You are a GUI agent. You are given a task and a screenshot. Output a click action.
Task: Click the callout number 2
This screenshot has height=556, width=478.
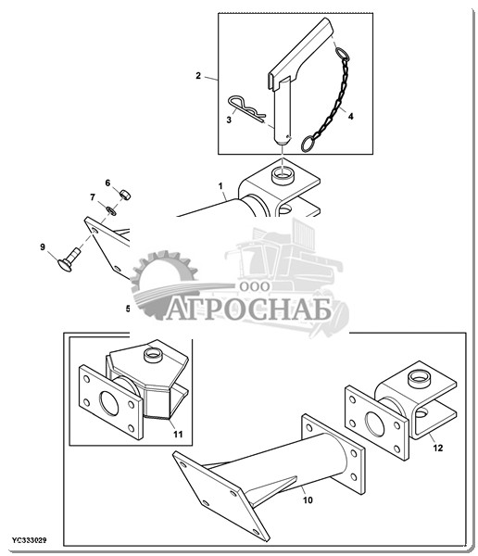pos(198,76)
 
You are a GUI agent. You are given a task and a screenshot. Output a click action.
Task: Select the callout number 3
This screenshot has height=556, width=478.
pos(229,120)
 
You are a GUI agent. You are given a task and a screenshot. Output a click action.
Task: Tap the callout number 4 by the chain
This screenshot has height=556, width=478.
pos(350,116)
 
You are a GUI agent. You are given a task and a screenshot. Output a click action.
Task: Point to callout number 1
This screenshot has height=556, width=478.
pos(220,186)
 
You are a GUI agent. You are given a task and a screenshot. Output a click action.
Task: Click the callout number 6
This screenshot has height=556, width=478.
pos(107,183)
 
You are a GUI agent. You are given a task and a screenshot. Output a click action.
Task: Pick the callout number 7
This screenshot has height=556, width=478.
pos(93,196)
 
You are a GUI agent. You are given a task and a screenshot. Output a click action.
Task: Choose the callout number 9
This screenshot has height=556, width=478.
pos(43,246)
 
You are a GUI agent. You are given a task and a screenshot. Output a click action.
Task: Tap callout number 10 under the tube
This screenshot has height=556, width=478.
pos(308,500)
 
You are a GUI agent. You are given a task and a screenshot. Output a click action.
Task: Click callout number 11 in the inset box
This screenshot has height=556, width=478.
pos(178,434)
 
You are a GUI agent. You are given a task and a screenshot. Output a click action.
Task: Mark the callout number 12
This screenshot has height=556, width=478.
pos(438,449)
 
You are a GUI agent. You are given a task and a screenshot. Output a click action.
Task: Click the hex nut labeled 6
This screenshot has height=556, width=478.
pos(125,195)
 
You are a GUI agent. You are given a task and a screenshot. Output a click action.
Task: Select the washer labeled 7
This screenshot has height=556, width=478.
pos(111,210)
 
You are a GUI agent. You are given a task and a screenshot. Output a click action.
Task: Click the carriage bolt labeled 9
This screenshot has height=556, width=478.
pos(69,259)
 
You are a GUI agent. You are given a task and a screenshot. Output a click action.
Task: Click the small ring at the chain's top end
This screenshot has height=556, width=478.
pos(342,55)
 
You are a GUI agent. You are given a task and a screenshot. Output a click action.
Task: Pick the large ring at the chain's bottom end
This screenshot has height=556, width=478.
pos(309,144)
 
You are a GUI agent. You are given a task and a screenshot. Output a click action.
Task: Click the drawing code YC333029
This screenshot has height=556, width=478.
pos(30,541)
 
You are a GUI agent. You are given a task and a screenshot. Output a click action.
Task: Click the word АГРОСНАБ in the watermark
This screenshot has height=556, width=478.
pos(248,309)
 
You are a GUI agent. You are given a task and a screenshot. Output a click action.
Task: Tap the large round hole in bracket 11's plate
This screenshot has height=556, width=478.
pos(109,404)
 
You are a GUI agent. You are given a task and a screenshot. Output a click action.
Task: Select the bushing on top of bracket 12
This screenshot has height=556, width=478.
pos(418,379)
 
